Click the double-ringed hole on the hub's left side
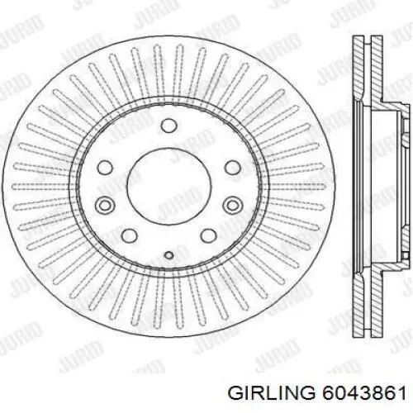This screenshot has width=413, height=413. [105, 205]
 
